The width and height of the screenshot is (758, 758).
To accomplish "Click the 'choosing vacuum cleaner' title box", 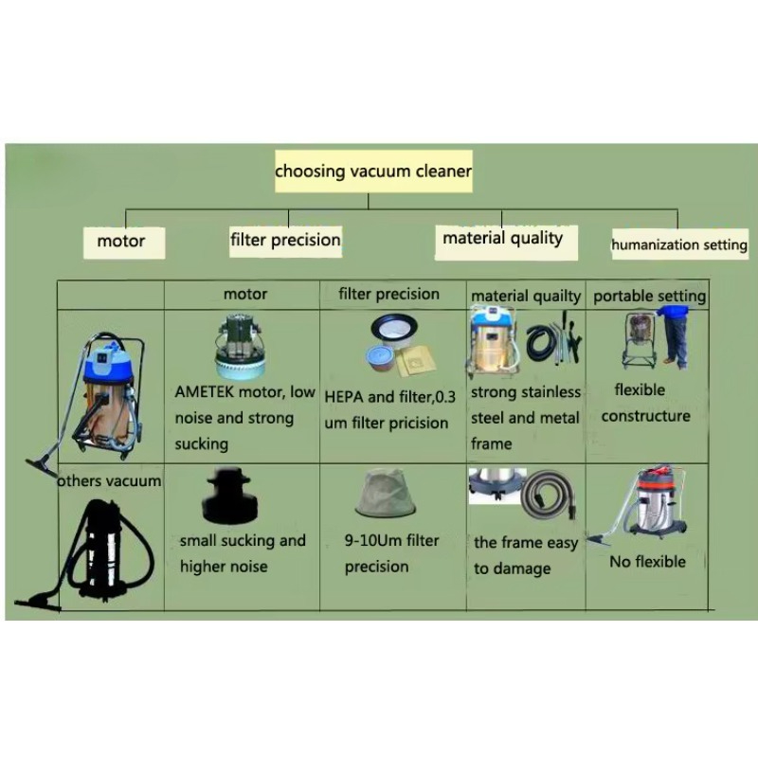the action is coord(373,171).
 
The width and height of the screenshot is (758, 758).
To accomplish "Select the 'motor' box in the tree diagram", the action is coord(124,243).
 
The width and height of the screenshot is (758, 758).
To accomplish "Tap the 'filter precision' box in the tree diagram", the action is coord(285,242).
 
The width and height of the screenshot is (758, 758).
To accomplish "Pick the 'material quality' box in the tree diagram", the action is coord(506,243).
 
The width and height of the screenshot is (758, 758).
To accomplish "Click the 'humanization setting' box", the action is coord(679,244).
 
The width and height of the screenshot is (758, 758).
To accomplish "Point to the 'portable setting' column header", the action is coord(649,296).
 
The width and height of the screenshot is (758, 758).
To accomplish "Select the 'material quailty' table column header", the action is coord(526,296).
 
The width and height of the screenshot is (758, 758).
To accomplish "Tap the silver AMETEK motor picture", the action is coord(240,347).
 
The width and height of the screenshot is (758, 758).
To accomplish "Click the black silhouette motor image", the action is coord(228,496).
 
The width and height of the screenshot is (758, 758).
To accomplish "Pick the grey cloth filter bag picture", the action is coord(386,493).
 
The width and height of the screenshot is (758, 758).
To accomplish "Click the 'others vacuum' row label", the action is coord(109,481).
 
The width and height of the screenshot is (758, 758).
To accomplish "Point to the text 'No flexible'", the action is coord(647,562).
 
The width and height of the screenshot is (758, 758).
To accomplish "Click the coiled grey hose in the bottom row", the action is coord(549,495).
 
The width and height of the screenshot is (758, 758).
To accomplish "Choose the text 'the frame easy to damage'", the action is coord(526,555).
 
